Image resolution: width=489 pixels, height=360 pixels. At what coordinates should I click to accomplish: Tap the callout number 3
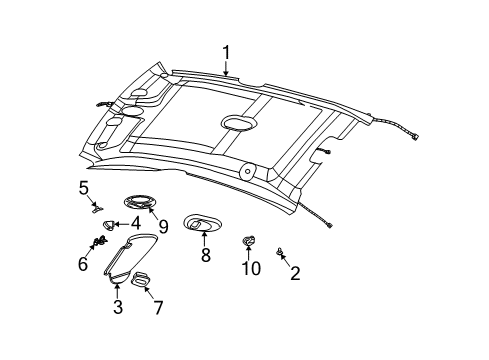tap(117, 309)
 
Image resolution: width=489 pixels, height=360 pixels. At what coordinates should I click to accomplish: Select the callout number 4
tap(132, 224)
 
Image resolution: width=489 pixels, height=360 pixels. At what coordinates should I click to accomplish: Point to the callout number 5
tap(84, 187)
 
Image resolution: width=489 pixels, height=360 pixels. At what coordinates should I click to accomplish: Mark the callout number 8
tap(205, 256)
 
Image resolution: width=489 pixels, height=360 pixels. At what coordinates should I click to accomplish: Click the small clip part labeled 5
tap(98, 207)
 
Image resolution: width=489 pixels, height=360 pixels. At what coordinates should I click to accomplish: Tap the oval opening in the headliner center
tap(237, 123)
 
